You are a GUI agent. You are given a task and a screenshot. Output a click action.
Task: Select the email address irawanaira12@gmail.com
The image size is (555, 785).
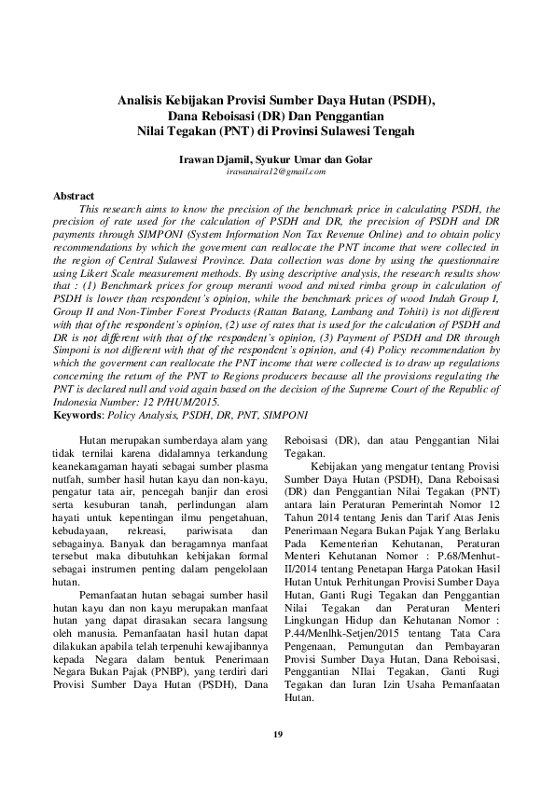point(276,172)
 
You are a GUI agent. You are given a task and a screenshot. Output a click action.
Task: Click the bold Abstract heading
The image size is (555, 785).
point(74,197)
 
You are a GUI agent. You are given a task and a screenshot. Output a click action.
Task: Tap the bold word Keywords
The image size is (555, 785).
point(78,413)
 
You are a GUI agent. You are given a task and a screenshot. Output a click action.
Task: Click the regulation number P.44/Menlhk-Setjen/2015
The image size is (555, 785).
point(345,631)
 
